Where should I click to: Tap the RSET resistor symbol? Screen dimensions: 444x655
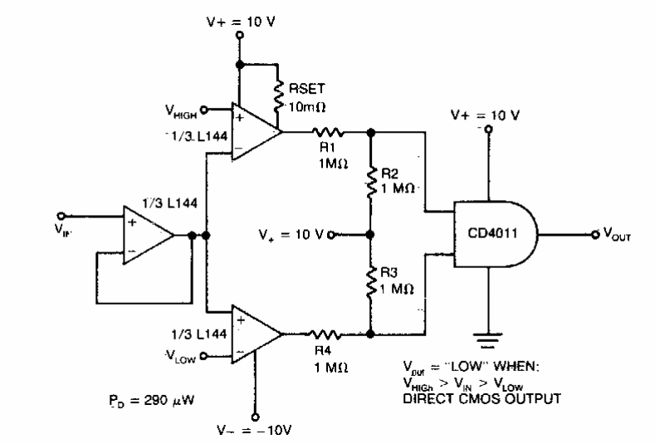275,85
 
